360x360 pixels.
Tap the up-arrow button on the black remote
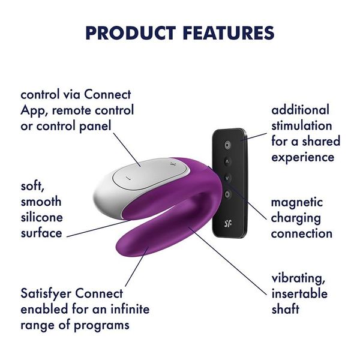[227, 161]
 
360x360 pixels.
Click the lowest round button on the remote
[227, 194]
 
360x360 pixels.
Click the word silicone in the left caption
[41, 217]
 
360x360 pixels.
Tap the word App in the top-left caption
[33, 110]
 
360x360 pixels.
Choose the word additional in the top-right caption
[301, 110]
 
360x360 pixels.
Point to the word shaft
[286, 310]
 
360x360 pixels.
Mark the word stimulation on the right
[302, 126]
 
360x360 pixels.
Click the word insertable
[299, 294]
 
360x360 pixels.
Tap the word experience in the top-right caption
[303, 157]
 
